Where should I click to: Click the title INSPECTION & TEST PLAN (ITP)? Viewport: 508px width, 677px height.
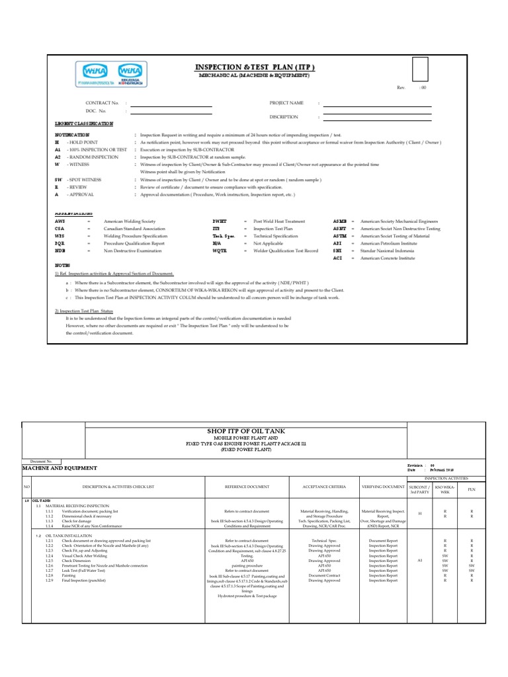[x=254, y=67]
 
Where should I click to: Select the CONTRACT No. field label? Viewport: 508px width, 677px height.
[x=103, y=103]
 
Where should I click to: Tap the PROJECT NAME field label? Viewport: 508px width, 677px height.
[x=286, y=103]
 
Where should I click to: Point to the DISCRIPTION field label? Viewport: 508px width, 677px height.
[x=284, y=116]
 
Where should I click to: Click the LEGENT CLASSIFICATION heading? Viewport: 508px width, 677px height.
[x=83, y=124]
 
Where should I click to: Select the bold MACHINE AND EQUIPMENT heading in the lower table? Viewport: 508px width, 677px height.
[x=60, y=467]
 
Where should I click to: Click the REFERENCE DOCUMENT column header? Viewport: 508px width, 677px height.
[x=247, y=487]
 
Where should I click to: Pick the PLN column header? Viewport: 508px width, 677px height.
[x=471, y=489]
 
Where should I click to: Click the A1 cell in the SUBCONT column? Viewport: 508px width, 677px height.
[x=419, y=560]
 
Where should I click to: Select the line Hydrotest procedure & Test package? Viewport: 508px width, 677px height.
[x=247, y=596]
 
